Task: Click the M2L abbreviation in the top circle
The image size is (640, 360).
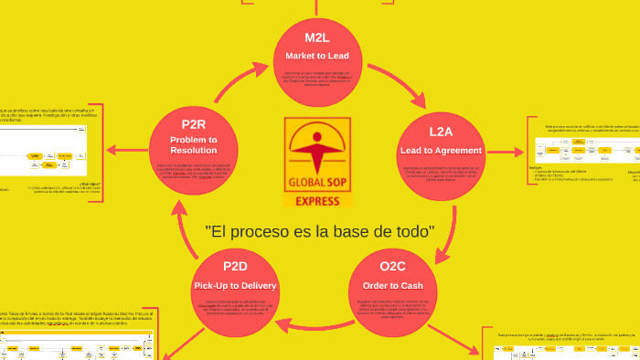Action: click(x=316, y=37)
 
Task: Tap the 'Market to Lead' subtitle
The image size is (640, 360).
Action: click(x=316, y=56)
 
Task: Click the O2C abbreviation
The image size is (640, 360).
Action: click(x=392, y=266)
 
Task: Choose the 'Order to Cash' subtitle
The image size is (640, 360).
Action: click(x=392, y=285)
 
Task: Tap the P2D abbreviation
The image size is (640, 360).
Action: click(x=235, y=266)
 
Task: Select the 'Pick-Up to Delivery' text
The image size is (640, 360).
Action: click(x=235, y=286)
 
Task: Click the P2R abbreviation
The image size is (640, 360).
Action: click(x=193, y=124)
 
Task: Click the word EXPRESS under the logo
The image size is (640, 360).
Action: click(x=317, y=200)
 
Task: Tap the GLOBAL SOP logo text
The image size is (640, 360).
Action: click(x=317, y=183)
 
